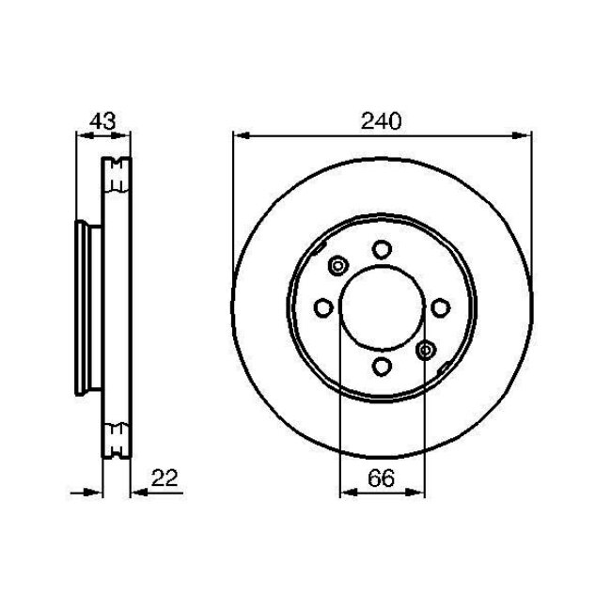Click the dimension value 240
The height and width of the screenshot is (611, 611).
point(380,121)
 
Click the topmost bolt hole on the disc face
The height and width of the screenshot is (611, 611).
point(381,249)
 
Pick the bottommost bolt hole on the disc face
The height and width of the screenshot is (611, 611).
point(381,366)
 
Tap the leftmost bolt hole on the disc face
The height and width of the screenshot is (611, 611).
point(322,307)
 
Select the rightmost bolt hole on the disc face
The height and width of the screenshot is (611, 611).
point(439,307)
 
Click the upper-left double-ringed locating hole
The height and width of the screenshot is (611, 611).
point(337,266)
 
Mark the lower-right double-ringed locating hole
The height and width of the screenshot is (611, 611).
point(424,350)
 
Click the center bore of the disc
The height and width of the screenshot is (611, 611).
point(381,307)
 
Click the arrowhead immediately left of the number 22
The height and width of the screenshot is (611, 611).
point(135,492)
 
